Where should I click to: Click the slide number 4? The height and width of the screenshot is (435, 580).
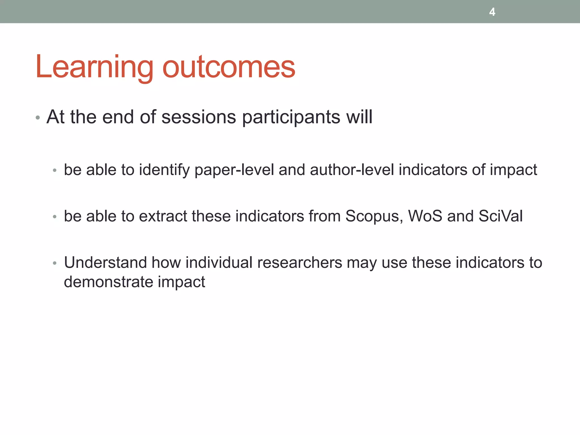click(x=492, y=12)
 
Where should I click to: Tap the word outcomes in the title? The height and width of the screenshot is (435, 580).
click(x=229, y=67)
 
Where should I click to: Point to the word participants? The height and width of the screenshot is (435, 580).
click(x=291, y=117)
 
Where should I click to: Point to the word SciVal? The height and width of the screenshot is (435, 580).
click(x=500, y=216)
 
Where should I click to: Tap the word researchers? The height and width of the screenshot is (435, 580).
click(x=300, y=263)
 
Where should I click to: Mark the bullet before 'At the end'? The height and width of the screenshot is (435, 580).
click(x=38, y=118)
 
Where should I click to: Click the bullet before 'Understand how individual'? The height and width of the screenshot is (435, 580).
click(x=55, y=263)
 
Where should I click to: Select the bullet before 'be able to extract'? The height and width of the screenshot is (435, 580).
click(x=55, y=217)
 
